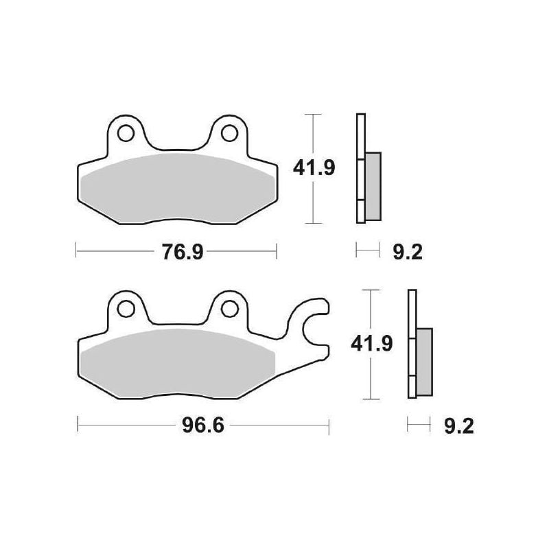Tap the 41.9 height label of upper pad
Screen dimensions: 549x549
point(314,168)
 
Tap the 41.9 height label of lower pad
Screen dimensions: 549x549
point(371,344)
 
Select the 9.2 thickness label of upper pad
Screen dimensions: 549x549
point(408,253)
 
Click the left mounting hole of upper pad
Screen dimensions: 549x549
point(125,130)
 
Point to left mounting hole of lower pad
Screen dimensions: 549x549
point(125,309)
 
